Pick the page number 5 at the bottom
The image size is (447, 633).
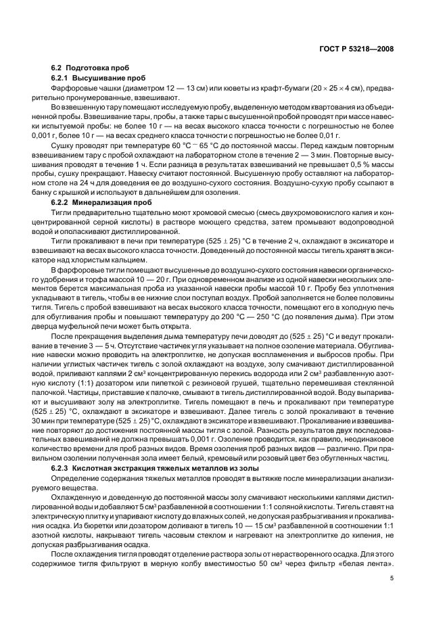(392, 578)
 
